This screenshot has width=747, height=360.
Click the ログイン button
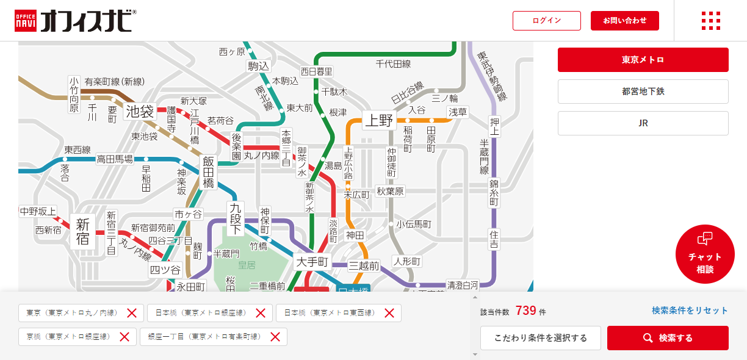(546, 21)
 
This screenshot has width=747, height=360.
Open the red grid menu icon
(710, 21)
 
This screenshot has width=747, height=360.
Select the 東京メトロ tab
(643, 60)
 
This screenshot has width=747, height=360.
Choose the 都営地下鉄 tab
(643, 92)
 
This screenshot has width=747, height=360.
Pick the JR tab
(643, 123)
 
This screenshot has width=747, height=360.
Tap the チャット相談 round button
(704, 254)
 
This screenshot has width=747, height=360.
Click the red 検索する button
(668, 338)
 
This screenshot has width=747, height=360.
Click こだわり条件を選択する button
(540, 338)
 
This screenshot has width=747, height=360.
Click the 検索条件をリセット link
(690, 311)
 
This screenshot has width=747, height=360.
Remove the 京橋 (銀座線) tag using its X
(125, 337)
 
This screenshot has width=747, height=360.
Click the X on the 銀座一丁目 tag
(275, 337)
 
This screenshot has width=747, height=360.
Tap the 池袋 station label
(140, 112)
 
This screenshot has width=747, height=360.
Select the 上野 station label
(378, 120)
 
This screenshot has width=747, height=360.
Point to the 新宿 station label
(83, 231)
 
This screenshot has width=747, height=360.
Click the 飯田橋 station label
(209, 172)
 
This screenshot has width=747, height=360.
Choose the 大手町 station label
(312, 262)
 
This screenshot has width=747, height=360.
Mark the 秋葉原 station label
(390, 191)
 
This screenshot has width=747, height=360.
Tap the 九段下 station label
(236, 218)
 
